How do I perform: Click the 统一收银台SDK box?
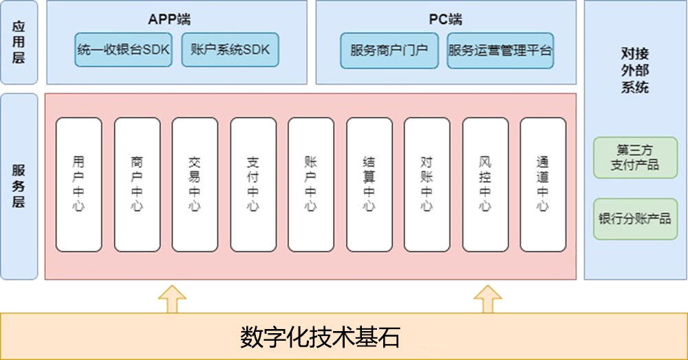coord(123,50)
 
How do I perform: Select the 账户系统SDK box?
coord(230,50)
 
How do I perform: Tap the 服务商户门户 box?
coord(389,50)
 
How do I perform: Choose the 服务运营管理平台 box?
coord(500,50)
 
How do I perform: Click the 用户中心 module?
coord(78,184)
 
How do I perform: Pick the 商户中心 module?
coord(137,184)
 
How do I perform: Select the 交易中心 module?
coord(195,184)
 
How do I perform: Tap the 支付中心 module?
coord(253,184)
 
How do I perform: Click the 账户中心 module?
coord(311,184)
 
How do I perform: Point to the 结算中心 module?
coord(369,184)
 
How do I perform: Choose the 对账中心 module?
coord(427,184)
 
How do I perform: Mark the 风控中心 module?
coord(485,184)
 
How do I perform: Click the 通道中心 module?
coord(543,184)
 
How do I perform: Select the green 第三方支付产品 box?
coord(635,158)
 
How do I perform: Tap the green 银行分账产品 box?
coord(635,220)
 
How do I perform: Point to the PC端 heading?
coord(445,19)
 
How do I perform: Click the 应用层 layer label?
coord(19,43)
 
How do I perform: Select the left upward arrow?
coord(172,299)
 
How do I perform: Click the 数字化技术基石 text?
coord(321,337)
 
